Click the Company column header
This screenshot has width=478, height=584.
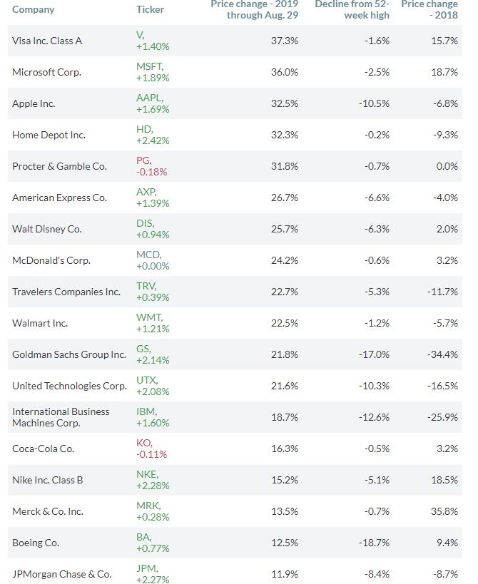point(33,10)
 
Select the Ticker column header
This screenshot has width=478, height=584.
point(150,9)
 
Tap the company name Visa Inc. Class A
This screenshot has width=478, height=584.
point(47,41)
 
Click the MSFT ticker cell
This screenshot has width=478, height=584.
point(153,72)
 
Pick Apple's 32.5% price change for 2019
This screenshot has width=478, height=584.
point(284,103)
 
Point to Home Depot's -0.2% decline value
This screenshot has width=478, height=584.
point(377,135)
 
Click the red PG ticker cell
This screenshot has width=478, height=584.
point(152,166)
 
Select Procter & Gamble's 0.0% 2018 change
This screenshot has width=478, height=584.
point(447,166)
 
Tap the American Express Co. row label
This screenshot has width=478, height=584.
point(60,198)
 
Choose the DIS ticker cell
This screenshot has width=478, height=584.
point(153,229)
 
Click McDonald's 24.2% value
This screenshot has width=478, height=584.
point(284,260)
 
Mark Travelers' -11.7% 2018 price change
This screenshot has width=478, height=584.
point(442,292)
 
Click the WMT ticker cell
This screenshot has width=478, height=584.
point(153,323)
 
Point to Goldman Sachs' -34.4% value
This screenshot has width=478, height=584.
point(442,354)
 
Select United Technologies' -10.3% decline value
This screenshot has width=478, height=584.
point(374,386)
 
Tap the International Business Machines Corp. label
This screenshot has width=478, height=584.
point(61,417)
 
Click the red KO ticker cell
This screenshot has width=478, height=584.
point(152,449)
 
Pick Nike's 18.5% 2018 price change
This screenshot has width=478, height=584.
point(444,480)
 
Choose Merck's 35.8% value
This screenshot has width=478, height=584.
point(444,511)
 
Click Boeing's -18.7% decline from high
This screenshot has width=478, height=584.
point(374,543)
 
